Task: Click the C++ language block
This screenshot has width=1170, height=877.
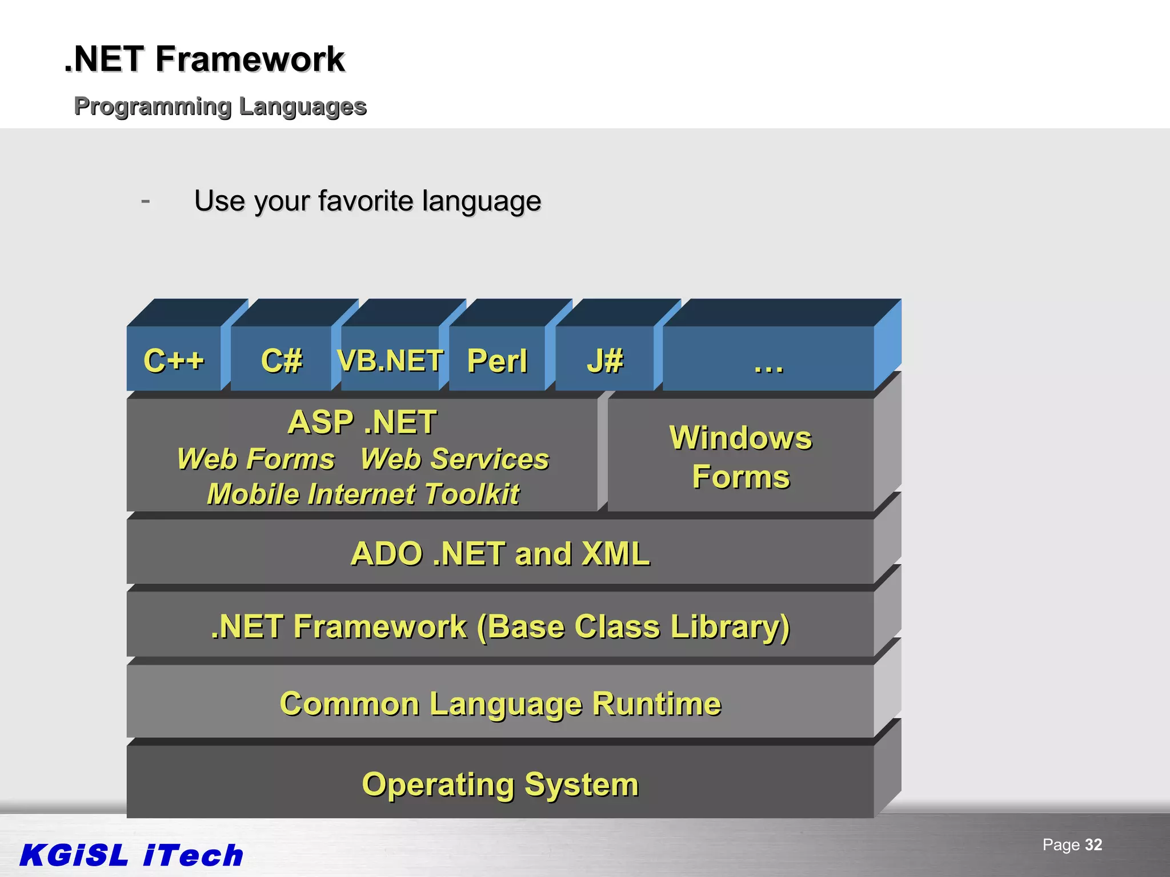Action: click(x=174, y=360)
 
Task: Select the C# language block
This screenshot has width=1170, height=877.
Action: click(x=281, y=360)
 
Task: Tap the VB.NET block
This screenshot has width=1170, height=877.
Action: click(x=390, y=360)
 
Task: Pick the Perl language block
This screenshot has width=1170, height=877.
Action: click(x=497, y=360)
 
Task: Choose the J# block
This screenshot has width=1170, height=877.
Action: click(x=605, y=360)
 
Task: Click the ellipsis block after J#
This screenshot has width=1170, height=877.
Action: click(x=768, y=360)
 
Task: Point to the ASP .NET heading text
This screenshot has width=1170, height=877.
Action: click(x=362, y=423)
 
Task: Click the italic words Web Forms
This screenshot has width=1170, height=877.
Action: click(x=255, y=459)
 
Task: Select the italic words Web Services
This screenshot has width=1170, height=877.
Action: click(x=455, y=459)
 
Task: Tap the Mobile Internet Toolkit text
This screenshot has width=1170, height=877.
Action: click(x=363, y=494)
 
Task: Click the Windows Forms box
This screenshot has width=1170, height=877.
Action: click(x=740, y=457)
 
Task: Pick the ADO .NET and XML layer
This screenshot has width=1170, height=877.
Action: click(x=500, y=553)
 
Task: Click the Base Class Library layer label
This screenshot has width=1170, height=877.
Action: click(x=500, y=626)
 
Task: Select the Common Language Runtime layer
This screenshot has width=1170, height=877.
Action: click(x=500, y=703)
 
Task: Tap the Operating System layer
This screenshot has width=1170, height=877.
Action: click(x=500, y=784)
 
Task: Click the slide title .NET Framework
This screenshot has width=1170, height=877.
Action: click(x=205, y=59)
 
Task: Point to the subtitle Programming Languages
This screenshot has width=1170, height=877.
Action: click(x=220, y=106)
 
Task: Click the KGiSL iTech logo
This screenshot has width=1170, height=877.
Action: click(x=131, y=855)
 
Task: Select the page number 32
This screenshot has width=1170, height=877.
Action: click(x=1093, y=844)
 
